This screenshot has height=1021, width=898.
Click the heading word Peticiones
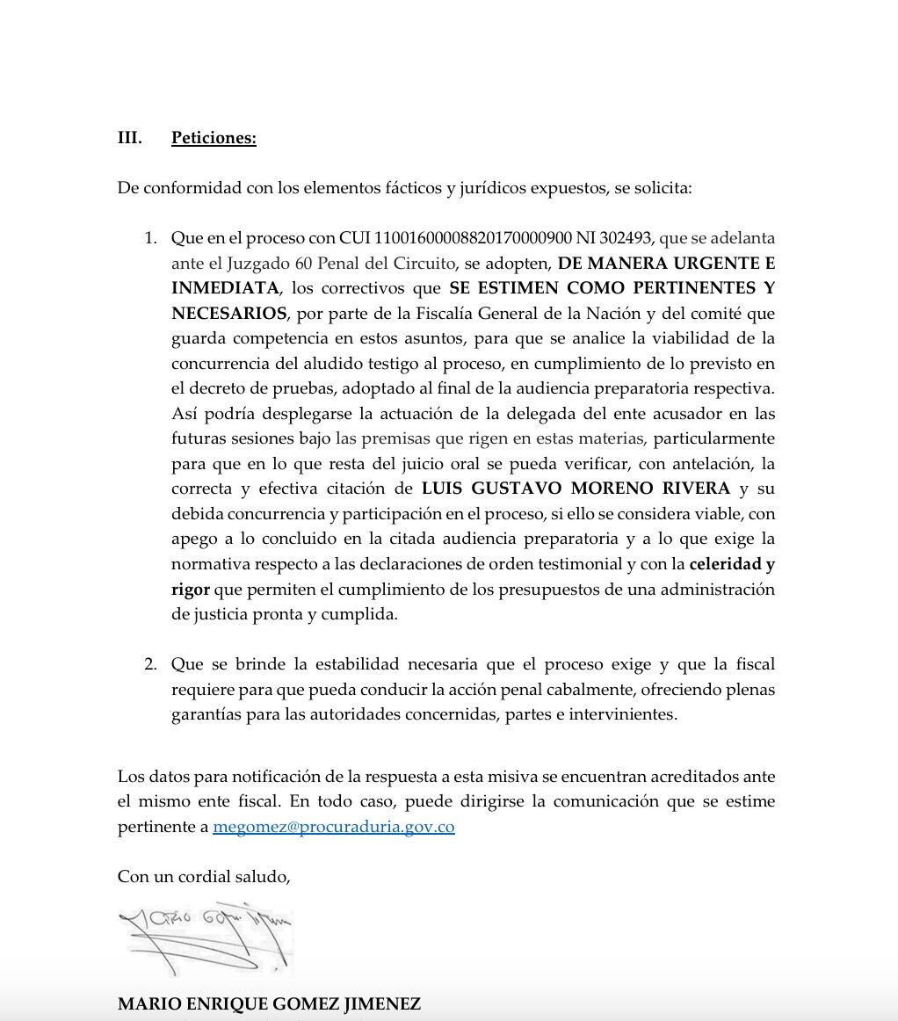click(214, 138)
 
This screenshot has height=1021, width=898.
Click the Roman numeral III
click(130, 138)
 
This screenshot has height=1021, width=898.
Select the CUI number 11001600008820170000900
click(474, 238)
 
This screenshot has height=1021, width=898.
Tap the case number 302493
click(624, 238)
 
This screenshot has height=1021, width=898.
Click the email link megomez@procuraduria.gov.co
click(333, 827)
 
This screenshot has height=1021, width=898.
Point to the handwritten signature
click(206, 939)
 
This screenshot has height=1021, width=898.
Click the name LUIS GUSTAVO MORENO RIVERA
click(576, 489)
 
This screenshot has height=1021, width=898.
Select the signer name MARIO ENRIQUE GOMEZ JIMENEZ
click(269, 1003)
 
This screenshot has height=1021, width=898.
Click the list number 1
click(150, 238)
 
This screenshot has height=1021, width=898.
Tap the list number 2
click(150, 664)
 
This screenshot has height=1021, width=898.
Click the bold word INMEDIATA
click(225, 288)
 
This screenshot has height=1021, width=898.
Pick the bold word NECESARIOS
click(228, 314)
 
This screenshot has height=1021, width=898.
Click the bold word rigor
click(190, 590)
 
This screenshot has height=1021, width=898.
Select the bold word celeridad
click(725, 564)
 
